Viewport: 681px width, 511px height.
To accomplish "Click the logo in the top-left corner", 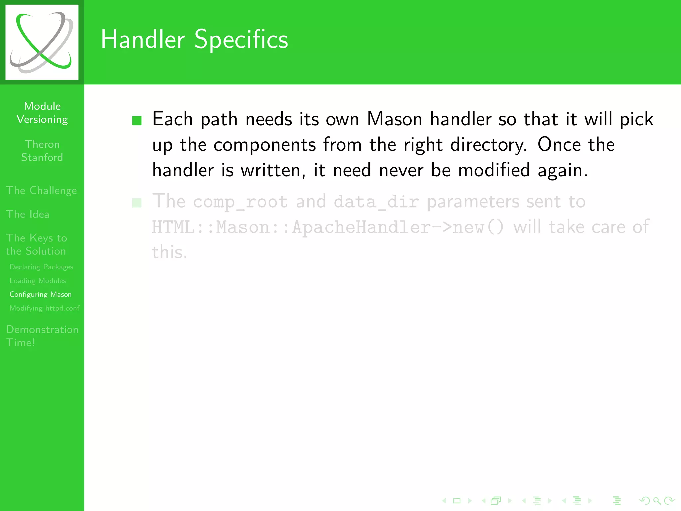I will (42, 42).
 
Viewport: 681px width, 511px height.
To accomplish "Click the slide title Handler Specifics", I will (194, 39).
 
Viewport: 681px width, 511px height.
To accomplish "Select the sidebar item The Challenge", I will (41, 190).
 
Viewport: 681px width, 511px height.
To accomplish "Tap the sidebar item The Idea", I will (28, 214).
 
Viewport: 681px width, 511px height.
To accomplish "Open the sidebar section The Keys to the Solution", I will (36, 244).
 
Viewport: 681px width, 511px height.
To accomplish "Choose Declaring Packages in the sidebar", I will (41, 267).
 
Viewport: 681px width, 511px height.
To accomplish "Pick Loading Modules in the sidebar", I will (38, 281).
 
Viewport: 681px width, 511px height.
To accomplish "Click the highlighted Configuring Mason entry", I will (41, 294).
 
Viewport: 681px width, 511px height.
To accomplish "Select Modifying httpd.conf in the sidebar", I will (45, 308).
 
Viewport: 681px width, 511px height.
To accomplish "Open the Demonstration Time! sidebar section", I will (42, 336).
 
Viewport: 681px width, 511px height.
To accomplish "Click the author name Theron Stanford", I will (42, 151).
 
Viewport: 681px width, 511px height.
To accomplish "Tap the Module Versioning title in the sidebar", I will (42, 113).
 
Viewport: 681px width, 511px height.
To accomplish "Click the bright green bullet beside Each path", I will (137, 120).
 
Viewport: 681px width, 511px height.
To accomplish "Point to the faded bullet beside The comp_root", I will (137, 203).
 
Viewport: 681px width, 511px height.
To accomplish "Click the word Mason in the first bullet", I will (394, 119).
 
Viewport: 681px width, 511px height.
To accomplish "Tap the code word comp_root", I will (240, 202).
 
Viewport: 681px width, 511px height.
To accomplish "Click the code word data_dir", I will (376, 202).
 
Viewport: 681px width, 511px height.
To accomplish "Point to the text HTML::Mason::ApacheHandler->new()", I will (328, 227).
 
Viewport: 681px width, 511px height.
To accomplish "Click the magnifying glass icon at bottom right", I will (657, 500).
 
